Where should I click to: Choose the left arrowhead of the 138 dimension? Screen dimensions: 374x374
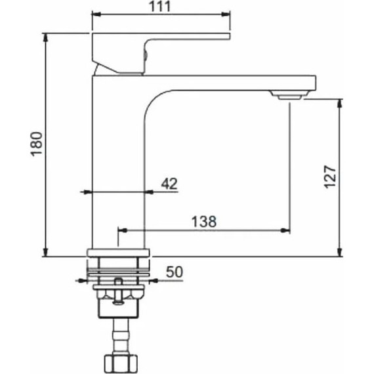[121, 230]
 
